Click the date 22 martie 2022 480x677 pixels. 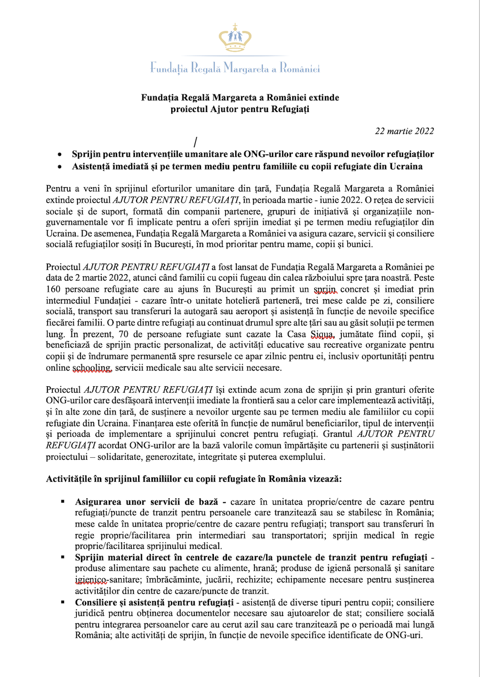[404, 131]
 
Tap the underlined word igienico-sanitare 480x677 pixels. [92, 579]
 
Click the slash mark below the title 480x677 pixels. [196, 142]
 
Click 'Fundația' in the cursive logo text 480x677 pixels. [167, 68]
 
